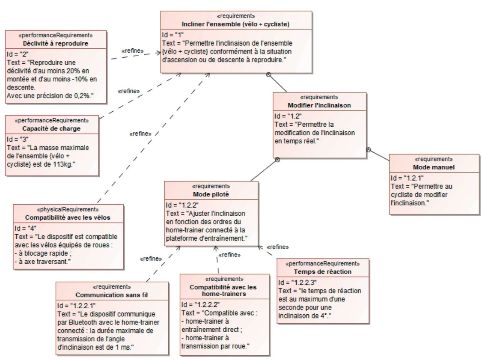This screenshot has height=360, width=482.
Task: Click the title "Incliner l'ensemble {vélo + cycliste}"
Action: click(x=226, y=24)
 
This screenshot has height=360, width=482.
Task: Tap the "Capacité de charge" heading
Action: click(x=52, y=128)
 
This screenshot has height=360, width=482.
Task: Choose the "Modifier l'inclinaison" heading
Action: click(x=320, y=105)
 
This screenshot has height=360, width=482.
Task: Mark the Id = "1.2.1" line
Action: click(x=406, y=177)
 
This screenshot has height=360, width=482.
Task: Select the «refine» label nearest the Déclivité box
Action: click(x=133, y=51)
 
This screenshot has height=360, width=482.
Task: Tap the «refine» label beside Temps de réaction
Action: click(x=277, y=247)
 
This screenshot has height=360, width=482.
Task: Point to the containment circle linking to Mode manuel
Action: click(x=369, y=149)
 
